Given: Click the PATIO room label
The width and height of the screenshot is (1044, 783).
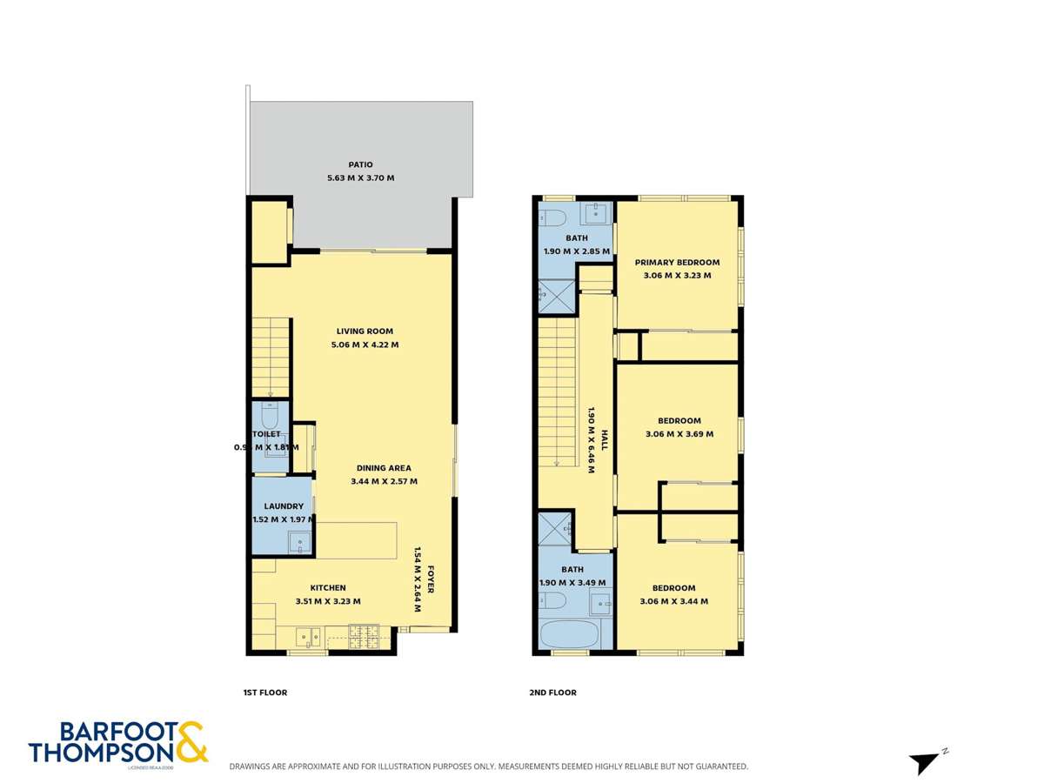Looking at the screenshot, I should coord(360,164).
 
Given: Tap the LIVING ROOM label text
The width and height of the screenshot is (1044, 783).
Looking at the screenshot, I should coord(365,331).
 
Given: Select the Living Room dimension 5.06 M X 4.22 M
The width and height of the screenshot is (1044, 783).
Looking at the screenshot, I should coord(365,345).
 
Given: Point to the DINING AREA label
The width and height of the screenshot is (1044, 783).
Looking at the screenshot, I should coord(384,468).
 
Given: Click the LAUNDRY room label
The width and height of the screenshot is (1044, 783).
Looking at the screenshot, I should coord(284,506).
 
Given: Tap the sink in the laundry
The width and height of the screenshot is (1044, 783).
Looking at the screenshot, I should coord(300,543).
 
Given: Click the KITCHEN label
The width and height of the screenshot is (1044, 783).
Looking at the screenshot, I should coord(327,588).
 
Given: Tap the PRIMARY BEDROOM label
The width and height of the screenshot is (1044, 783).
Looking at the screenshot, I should coord(677,263).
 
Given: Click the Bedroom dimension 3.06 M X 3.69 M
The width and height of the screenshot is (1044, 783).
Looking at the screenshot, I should coord(679,434).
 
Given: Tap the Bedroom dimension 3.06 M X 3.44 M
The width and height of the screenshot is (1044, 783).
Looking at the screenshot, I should coord(673,601).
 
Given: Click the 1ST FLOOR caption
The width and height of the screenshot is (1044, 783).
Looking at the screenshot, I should coord(264,693).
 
